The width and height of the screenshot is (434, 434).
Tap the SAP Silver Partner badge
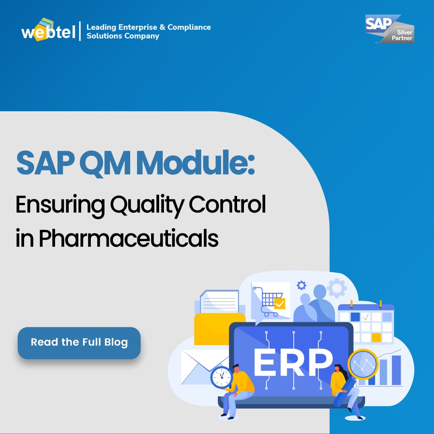tap(389, 29)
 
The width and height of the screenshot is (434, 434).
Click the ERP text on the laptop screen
tap(293, 360)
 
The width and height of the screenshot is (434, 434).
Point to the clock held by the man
tap(221, 377)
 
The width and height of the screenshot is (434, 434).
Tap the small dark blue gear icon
tap(301, 286)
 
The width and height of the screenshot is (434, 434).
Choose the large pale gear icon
tap(336, 287)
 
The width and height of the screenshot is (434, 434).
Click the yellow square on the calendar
tap(376, 337)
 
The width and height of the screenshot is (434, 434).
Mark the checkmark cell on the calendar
tap(366, 317)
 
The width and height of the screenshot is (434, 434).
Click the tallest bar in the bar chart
tap(396, 370)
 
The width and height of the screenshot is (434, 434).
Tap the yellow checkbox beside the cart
tap(280, 303)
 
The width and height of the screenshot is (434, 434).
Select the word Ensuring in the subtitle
tap(60, 205)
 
